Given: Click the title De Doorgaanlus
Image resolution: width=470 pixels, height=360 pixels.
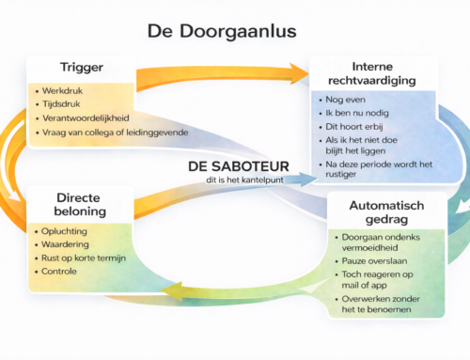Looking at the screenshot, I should click(x=222, y=31).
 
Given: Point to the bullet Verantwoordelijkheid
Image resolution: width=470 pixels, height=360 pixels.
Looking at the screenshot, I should click(x=85, y=119).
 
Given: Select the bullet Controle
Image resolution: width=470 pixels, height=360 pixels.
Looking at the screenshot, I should click(x=62, y=271).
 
